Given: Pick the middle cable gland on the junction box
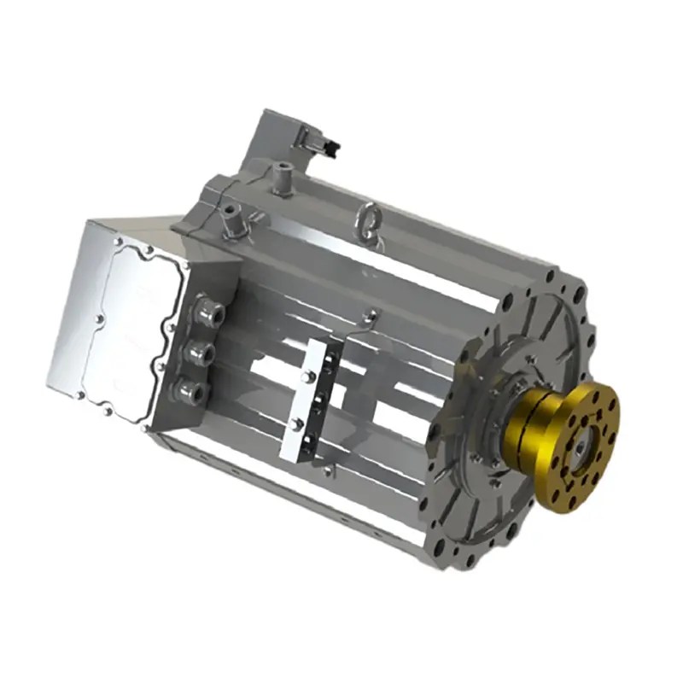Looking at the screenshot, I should (x=199, y=351).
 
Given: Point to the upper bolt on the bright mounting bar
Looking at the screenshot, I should (x=306, y=377).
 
